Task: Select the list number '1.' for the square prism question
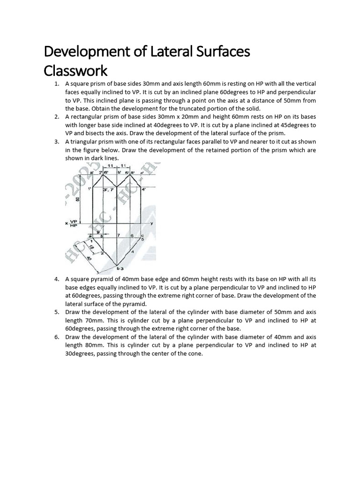(56, 84)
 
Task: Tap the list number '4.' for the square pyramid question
(56, 279)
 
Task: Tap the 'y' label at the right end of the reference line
(152, 223)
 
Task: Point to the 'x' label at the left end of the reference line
(67, 223)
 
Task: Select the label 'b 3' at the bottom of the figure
(120, 269)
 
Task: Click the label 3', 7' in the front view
(113, 190)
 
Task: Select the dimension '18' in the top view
(92, 248)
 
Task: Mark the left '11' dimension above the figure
(110, 166)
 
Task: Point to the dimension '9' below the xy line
(97, 232)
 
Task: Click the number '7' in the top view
(119, 235)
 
